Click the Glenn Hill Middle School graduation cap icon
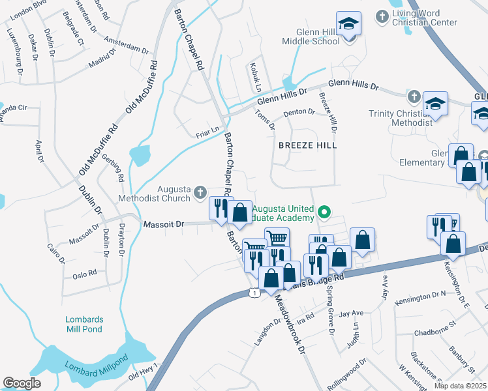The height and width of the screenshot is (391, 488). tap(349, 25)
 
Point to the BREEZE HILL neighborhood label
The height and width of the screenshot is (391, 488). tap(307, 145)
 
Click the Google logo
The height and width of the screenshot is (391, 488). tap(22, 383)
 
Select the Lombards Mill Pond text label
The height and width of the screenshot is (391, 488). tap(84, 324)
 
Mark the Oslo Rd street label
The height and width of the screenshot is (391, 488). tap(84, 273)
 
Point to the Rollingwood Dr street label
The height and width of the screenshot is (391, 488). tap(347, 374)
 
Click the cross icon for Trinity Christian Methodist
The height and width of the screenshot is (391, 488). tap(412, 98)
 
